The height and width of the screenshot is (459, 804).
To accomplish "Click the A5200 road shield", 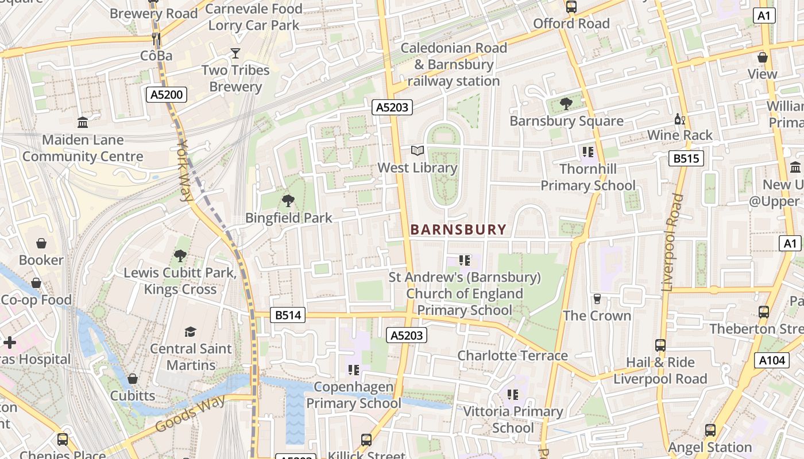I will point(167,95).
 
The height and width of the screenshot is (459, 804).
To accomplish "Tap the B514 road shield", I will point(288,315).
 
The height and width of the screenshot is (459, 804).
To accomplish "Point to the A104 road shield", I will point(771,360).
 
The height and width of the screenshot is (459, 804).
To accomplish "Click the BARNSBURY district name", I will point(458,230).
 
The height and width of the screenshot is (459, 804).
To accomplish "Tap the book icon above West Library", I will point(418,151).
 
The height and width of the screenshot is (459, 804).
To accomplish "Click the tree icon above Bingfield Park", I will point(288,200).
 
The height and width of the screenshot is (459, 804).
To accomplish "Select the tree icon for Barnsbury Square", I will point(566,104).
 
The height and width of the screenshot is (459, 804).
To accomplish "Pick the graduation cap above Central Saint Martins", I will point(190,332).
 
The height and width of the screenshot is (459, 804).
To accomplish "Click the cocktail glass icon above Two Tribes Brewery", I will point(235,53).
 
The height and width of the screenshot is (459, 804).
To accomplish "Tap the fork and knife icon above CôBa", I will point(156,38).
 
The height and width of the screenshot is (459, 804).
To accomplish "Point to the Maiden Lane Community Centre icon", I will point(83,123).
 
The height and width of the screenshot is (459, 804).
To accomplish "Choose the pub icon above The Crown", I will point(597,299).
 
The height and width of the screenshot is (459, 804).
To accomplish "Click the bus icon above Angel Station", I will point(710,430).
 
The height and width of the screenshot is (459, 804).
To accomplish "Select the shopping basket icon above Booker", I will point(41,243).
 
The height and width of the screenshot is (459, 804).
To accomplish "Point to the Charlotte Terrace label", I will point(512,356).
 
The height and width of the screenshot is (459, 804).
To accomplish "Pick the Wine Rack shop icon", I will point(680,119).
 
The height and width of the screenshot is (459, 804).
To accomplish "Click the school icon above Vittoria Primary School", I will point(513,395).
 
